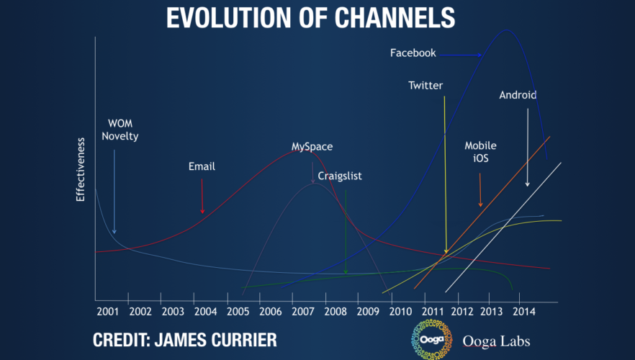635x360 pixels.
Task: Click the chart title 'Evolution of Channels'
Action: tap(310, 17)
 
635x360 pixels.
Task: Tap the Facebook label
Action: tap(413, 53)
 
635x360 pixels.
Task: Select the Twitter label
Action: tap(425, 86)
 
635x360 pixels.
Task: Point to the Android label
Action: tap(518, 94)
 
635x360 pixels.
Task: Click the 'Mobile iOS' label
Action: tap(480, 152)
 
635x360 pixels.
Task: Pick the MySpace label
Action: tap(312, 146)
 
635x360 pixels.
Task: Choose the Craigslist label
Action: tap(340, 174)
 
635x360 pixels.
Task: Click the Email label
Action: tap(202, 166)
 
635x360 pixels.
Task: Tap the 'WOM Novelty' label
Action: tap(120, 129)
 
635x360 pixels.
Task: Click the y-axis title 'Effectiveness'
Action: tap(81, 171)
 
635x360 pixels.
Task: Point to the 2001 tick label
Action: tap(107, 312)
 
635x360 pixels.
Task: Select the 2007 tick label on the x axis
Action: tap(302, 312)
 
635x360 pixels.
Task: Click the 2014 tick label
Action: tap(523, 312)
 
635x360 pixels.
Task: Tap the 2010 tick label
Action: tap(400, 312)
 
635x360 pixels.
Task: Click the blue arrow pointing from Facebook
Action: tap(461, 54)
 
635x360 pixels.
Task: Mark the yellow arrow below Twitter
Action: tap(445, 173)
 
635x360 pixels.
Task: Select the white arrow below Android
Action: tap(528, 148)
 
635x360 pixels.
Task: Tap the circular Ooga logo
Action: tap(427, 338)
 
